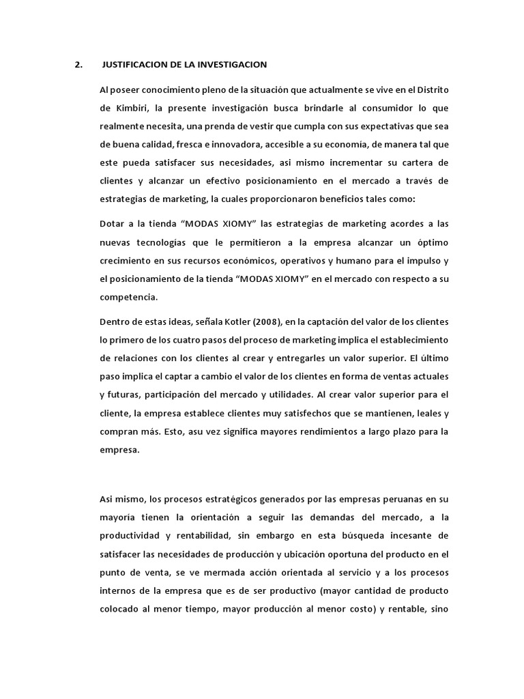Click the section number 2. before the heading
78,65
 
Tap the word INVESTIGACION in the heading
232,65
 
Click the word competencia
128,298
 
